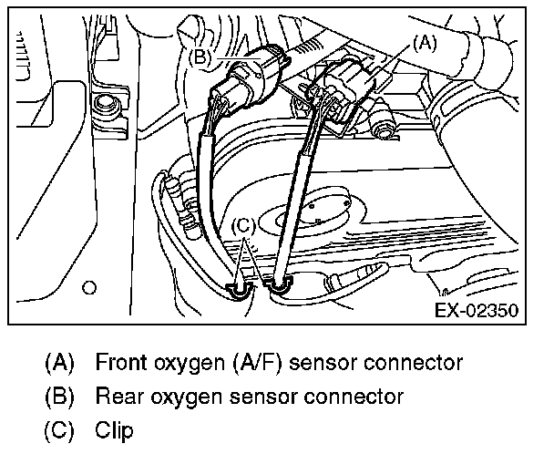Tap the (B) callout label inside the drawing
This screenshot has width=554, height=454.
200,55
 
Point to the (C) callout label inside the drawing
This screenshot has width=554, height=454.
243,225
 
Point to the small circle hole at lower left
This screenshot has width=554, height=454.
88,287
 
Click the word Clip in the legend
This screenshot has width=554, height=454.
113,429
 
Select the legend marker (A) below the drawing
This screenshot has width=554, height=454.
58,362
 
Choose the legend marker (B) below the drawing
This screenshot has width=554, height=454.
58,396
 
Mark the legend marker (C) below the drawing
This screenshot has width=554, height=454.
58,429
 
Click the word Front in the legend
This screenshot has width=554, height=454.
120,362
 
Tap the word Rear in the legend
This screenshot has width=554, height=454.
117,396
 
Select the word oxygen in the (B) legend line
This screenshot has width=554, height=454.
185,397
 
